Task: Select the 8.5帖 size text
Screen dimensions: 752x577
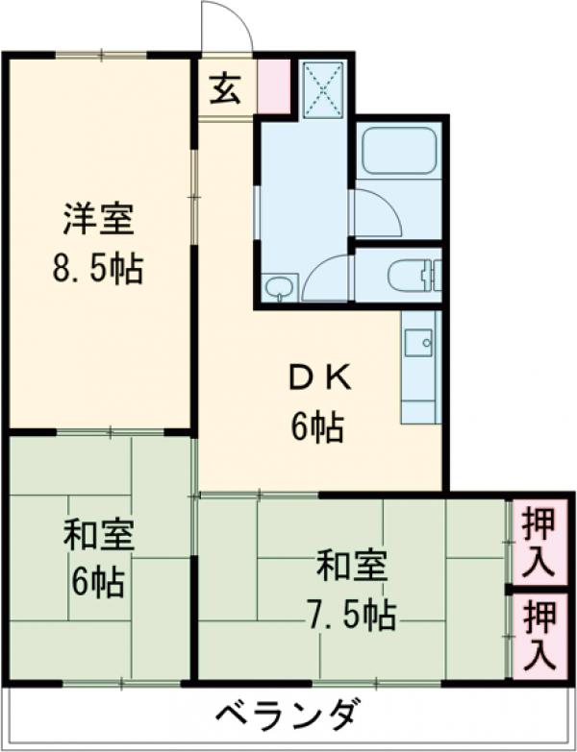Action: pyautogui.click(x=97, y=270)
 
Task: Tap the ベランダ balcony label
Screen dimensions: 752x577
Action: pyautogui.click(x=288, y=715)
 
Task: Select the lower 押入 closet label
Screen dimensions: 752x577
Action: pyautogui.click(x=539, y=635)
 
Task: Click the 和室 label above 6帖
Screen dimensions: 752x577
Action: pyautogui.click(x=97, y=533)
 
